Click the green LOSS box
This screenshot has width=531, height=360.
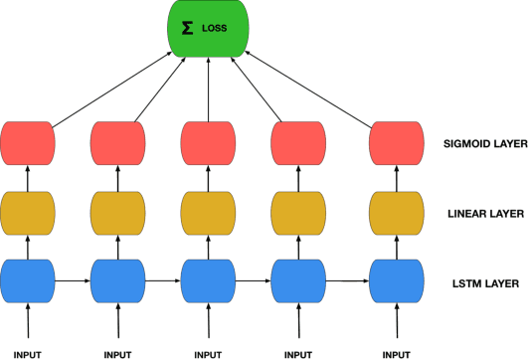click(x=207, y=29)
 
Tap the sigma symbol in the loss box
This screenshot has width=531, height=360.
click(x=186, y=29)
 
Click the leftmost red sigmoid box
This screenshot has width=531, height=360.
click(x=28, y=143)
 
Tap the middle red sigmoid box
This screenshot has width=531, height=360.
click(x=207, y=143)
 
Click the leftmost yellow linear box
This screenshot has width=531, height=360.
click(x=28, y=213)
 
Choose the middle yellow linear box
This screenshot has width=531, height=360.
click(x=207, y=213)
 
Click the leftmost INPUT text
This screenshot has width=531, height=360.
click(x=28, y=353)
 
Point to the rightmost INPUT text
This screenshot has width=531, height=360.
click(x=394, y=353)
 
